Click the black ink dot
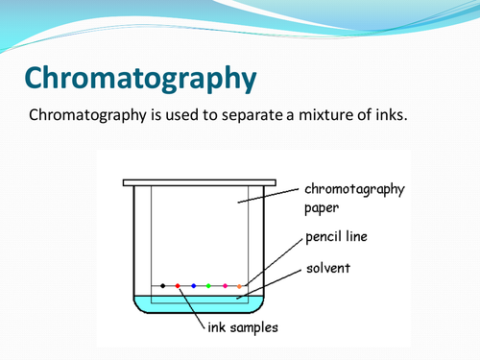tap(162, 285)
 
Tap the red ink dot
tap(178, 285)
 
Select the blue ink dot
tap(194, 285)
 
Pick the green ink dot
tap(209, 285)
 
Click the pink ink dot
tap(225, 285)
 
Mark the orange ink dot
tap(240, 285)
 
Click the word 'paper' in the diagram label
tap(323, 206)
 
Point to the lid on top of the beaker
tap(200, 182)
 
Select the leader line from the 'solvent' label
tap(278, 280)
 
